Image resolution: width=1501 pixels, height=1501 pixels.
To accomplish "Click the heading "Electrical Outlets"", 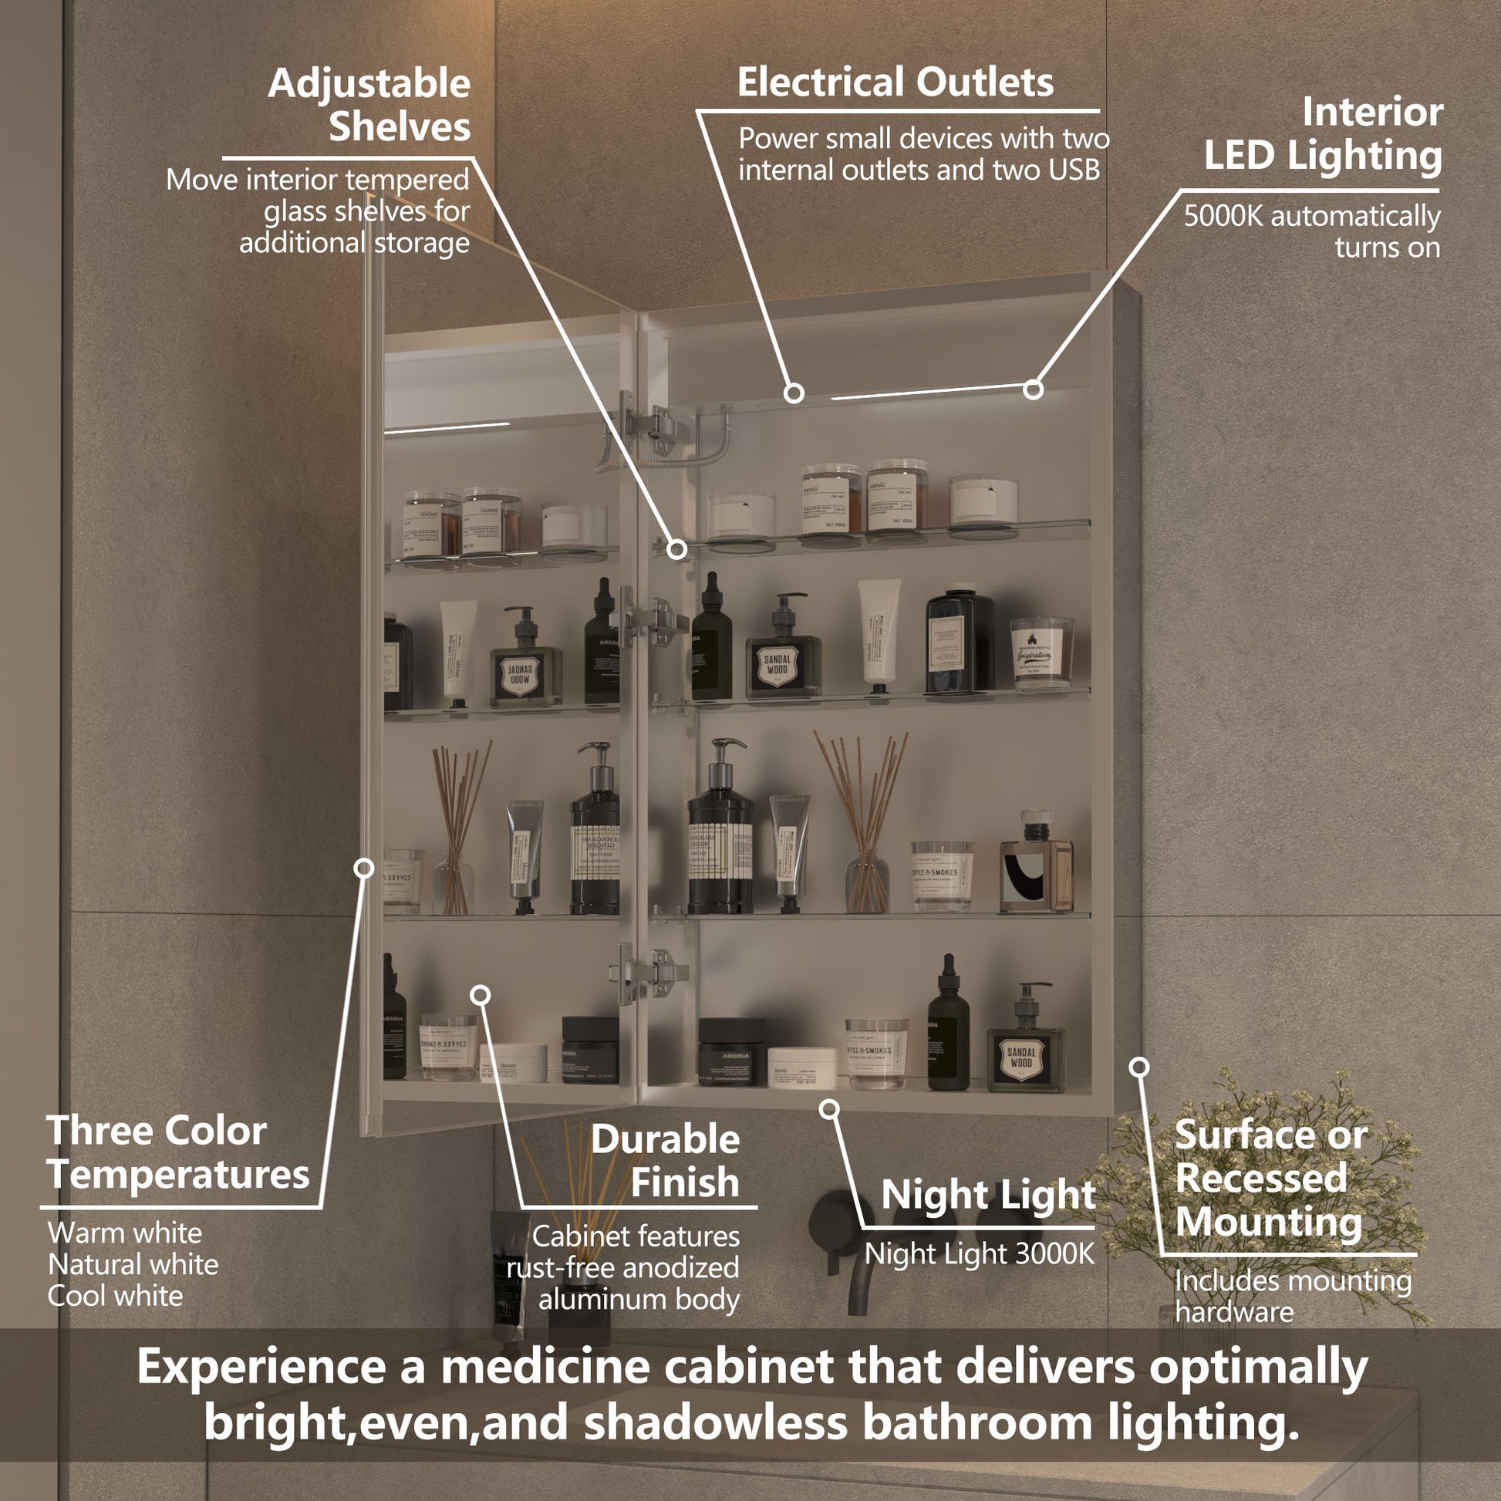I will [x=895, y=83].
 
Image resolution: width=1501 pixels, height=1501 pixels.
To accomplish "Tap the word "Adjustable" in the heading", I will [x=369, y=83].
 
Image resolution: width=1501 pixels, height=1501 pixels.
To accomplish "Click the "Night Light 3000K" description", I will [x=979, y=1254].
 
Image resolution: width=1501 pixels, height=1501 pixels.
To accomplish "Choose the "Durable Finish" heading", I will [x=665, y=1161].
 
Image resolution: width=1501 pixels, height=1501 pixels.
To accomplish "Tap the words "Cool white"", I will [x=115, y=1296].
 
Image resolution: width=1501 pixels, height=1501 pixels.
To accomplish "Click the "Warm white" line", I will [x=124, y=1233].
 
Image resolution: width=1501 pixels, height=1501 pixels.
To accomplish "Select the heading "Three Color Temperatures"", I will [x=178, y=1152].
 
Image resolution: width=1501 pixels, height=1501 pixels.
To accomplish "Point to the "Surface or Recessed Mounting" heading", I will [x=1271, y=1178].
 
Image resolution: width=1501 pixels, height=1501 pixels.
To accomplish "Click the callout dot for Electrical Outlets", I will [x=793, y=393].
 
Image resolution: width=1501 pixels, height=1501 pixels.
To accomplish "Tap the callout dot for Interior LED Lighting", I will [x=1033, y=390].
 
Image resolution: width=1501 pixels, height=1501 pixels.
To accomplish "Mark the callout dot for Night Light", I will [x=830, y=1108].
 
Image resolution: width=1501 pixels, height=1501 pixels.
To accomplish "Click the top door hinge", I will [x=657, y=427].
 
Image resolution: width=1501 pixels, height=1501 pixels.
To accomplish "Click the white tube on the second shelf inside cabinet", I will [x=879, y=633].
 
